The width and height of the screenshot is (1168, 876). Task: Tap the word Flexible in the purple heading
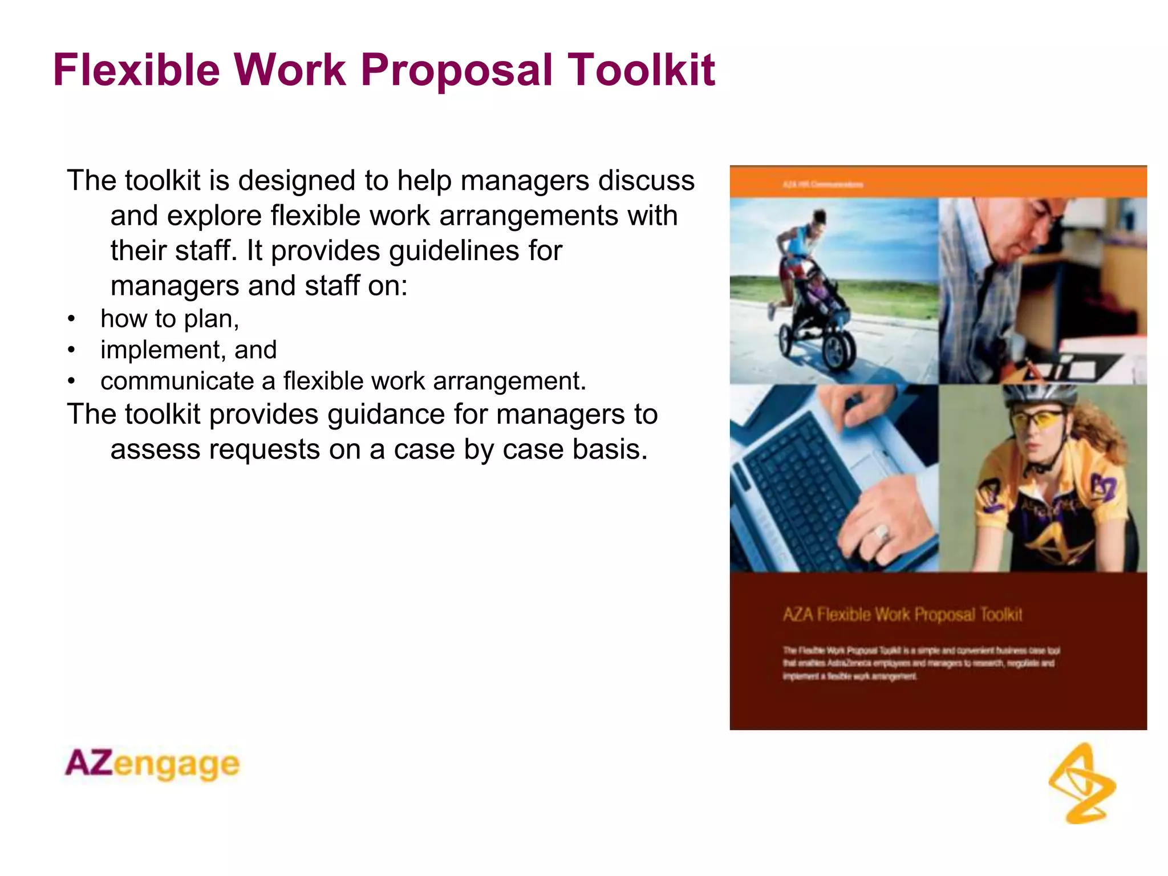(136, 70)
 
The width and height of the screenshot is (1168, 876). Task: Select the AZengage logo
(152, 764)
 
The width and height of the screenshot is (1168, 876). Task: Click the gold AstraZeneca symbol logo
(1082, 783)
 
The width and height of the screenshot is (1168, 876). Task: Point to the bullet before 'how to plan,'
(71, 319)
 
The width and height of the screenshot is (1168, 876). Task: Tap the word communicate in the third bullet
(177, 381)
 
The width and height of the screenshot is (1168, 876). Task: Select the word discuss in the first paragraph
(646, 181)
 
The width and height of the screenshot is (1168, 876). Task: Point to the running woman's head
(819, 218)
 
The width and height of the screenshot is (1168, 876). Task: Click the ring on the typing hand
(881, 533)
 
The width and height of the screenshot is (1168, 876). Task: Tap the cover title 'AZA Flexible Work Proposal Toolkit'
(902, 614)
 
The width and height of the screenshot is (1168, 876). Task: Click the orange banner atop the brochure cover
(938, 183)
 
